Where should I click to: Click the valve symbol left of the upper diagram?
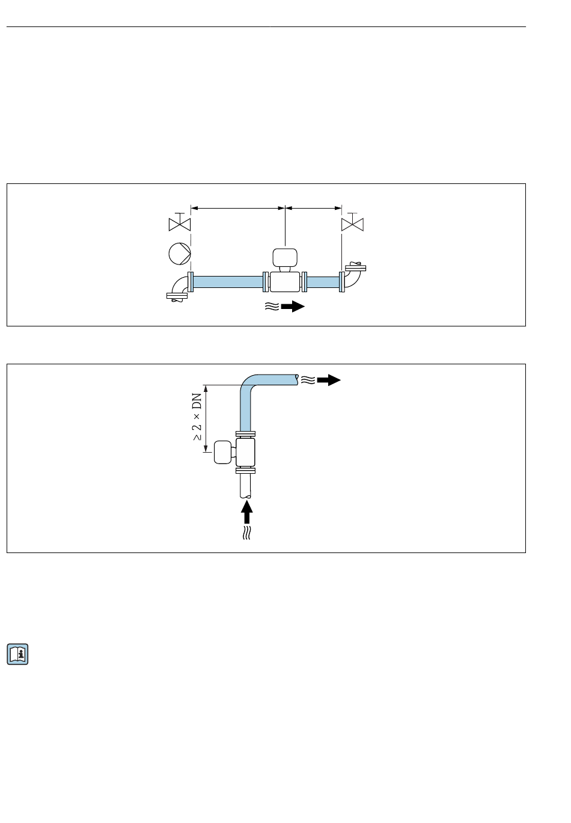pyautogui.click(x=179, y=222)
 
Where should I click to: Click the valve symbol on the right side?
pyautogui.click(x=352, y=222)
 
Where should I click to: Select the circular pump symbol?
pyautogui.click(x=180, y=254)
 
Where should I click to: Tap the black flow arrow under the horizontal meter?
pyautogui.click(x=293, y=306)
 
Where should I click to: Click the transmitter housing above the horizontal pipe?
pyautogui.click(x=285, y=257)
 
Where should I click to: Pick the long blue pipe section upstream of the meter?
pyautogui.click(x=228, y=282)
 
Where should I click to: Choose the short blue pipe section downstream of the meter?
pyautogui.click(x=323, y=282)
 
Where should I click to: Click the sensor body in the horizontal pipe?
pyautogui.click(x=285, y=282)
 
